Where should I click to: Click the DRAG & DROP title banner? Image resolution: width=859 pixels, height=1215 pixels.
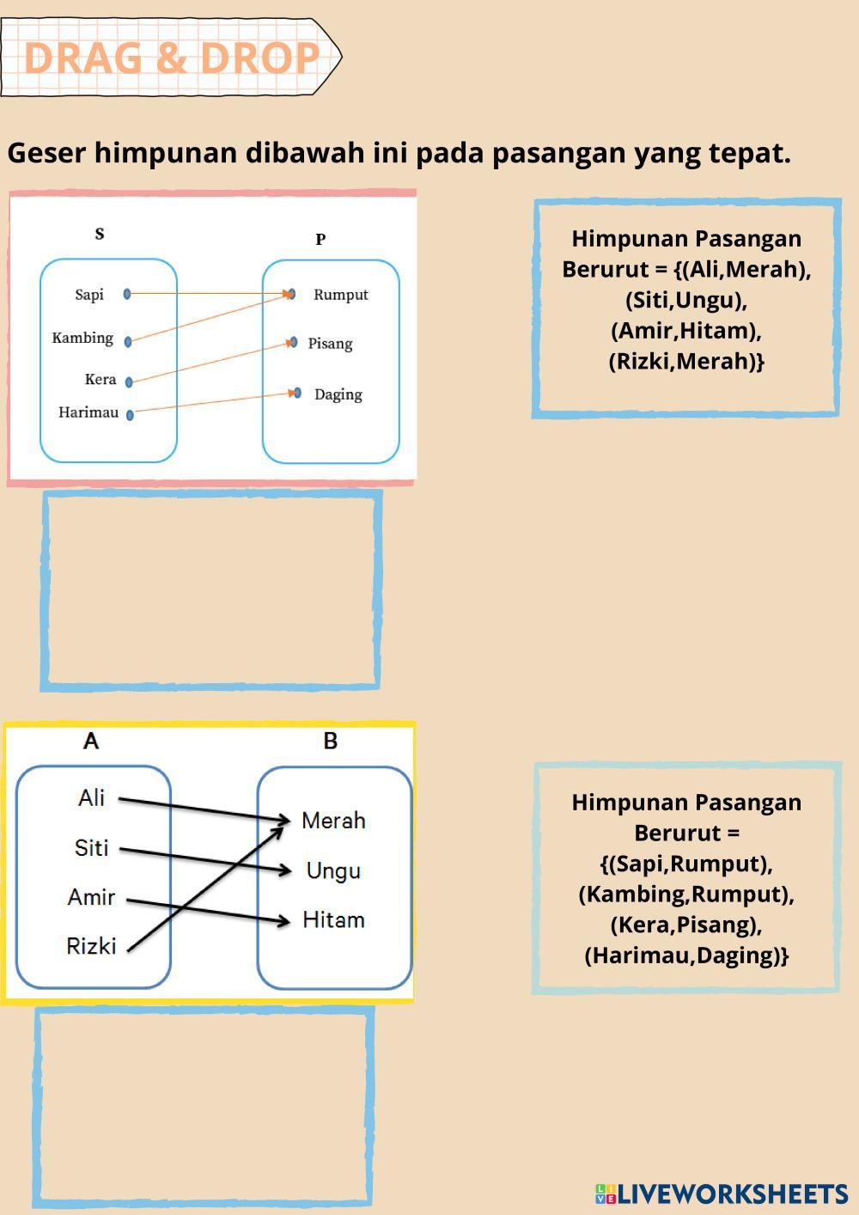[x=171, y=58]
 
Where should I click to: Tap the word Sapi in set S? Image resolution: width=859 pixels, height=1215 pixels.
[x=89, y=295]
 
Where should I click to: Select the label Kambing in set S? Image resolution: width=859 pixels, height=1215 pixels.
[x=82, y=338]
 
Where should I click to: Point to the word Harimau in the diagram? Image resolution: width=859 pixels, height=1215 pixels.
[x=88, y=412]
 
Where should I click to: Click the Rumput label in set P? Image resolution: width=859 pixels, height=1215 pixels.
[x=340, y=295]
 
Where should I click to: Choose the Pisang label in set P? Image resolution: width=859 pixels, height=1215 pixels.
[x=330, y=344]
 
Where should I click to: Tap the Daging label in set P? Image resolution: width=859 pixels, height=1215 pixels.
[x=338, y=394]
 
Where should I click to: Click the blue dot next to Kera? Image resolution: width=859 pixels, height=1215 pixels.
[x=129, y=382]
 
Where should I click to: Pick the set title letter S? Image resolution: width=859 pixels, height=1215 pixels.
[x=100, y=234]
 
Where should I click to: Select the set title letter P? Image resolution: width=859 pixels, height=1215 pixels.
[x=320, y=240]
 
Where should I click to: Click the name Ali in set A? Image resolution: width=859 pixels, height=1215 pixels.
[x=91, y=797]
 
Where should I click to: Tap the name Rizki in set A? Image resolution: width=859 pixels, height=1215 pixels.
[x=91, y=946]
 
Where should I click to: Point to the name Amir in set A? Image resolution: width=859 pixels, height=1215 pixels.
[x=91, y=897]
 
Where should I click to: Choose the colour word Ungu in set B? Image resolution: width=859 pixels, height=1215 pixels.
[x=333, y=870]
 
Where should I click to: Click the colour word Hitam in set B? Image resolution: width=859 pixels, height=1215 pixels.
[x=333, y=920]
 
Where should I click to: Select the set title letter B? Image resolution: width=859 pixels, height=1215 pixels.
[x=331, y=741]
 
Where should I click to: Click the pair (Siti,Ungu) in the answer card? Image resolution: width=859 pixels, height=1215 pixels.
[x=685, y=300]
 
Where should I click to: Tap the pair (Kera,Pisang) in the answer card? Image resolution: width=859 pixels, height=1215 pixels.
[x=685, y=925]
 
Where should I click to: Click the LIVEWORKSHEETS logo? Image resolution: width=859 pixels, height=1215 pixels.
[x=721, y=1194]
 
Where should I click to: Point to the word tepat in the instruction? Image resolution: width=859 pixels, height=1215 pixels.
[x=749, y=153]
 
